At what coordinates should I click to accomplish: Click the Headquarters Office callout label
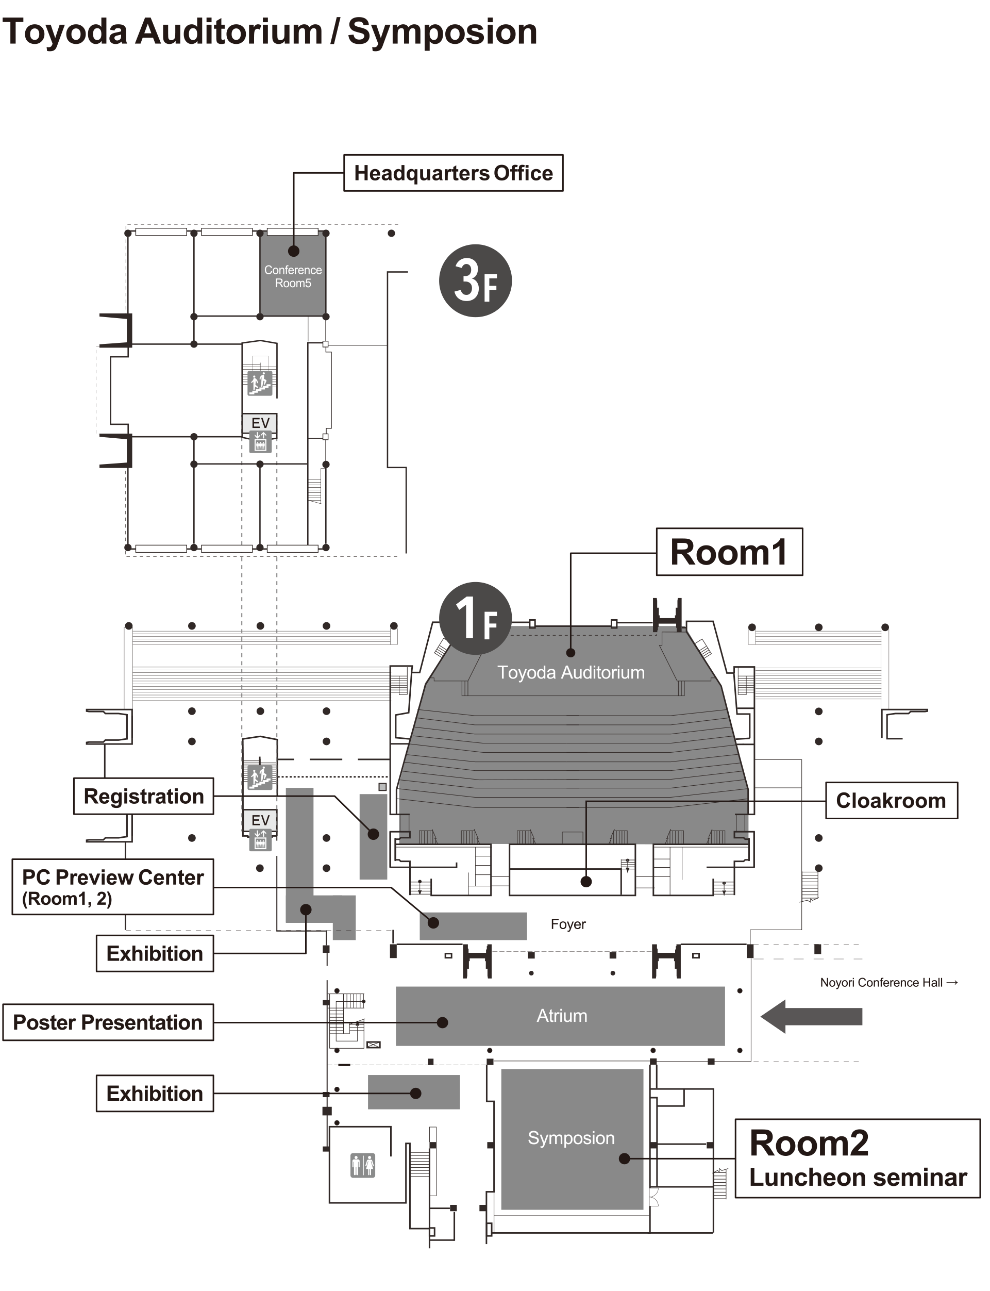click(453, 173)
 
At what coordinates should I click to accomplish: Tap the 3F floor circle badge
click(475, 280)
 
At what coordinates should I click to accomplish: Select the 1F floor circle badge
click(475, 618)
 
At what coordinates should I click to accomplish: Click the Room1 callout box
click(729, 552)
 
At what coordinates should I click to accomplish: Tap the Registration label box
click(143, 797)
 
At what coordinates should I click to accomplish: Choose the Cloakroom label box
click(891, 801)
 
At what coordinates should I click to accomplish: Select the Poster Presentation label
click(108, 1022)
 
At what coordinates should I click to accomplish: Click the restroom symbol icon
click(363, 1165)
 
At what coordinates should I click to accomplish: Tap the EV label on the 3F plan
click(260, 423)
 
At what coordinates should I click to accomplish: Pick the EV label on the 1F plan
click(260, 820)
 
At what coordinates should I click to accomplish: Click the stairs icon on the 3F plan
click(259, 383)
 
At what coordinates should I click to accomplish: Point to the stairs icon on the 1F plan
click(259, 777)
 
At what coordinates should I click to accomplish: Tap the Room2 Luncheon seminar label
click(858, 1159)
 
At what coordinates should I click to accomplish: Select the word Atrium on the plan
click(562, 1016)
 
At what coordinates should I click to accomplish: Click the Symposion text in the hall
click(571, 1138)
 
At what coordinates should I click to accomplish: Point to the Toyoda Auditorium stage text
click(571, 673)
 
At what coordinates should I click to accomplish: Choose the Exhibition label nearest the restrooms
click(155, 1094)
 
